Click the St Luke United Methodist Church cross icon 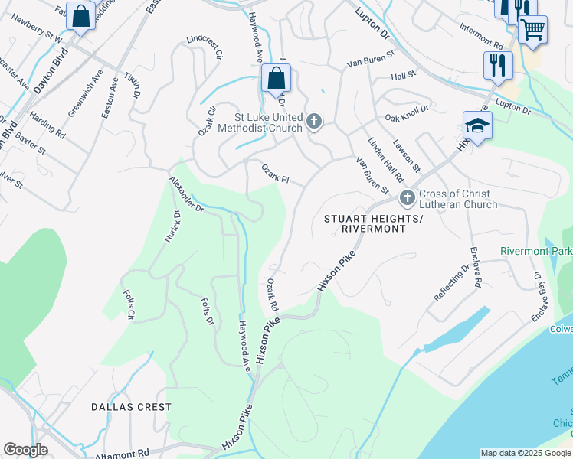[x=313, y=122]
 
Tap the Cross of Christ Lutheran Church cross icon [x=407, y=198]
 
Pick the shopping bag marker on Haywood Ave [x=276, y=79]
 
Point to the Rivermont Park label [x=536, y=251]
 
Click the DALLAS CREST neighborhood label [x=131, y=407]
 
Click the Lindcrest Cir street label [x=205, y=47]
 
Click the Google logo [x=25, y=450]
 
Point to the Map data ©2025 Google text [x=526, y=453]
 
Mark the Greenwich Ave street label [x=84, y=93]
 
